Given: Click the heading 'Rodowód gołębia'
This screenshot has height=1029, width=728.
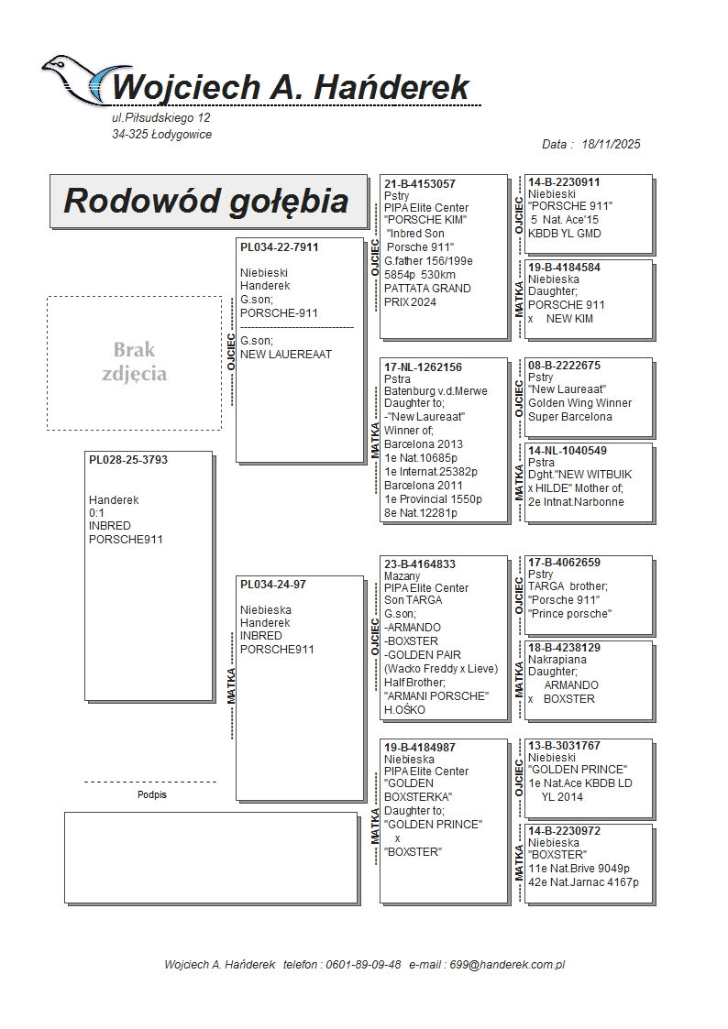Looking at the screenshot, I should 205,201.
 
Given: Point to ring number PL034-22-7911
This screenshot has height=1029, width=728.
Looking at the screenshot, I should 280,247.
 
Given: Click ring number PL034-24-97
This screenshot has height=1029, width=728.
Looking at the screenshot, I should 273,584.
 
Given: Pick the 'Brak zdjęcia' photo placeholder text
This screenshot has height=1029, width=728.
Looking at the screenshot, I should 135,362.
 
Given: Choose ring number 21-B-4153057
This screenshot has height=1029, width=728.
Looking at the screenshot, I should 420,184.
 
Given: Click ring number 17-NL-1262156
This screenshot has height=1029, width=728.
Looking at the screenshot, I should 424,367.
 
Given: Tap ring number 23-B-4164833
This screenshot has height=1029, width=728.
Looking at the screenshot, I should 420,564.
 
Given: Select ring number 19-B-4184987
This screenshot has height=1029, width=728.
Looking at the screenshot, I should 420,748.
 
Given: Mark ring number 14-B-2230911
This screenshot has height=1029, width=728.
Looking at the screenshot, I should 564,182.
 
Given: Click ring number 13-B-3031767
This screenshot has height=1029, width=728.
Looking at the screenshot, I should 564,746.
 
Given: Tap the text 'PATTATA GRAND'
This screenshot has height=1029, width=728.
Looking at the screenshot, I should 427,289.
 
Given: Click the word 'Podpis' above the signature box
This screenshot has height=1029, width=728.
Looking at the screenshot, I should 152,795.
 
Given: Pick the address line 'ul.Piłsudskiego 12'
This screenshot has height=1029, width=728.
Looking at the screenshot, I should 160,118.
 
